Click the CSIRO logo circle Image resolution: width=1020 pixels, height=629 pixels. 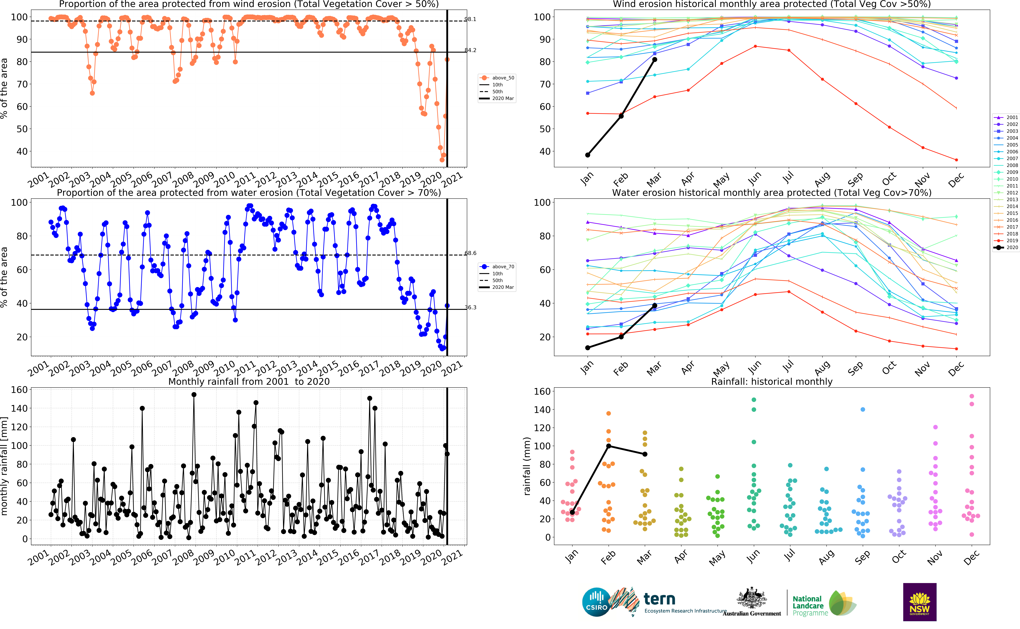point(596,602)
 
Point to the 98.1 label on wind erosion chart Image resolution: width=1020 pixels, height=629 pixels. point(470,19)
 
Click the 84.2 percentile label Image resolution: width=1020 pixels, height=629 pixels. point(470,50)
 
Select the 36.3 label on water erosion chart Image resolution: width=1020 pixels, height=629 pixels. point(470,307)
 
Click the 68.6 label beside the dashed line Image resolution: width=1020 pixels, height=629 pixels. point(470,253)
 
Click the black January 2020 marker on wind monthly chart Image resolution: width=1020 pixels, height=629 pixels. point(587,155)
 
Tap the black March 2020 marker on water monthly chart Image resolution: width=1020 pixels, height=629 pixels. point(655,305)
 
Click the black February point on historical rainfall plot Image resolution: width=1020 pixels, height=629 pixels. point(609,446)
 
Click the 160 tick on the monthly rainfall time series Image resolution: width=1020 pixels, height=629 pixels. point(19,390)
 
